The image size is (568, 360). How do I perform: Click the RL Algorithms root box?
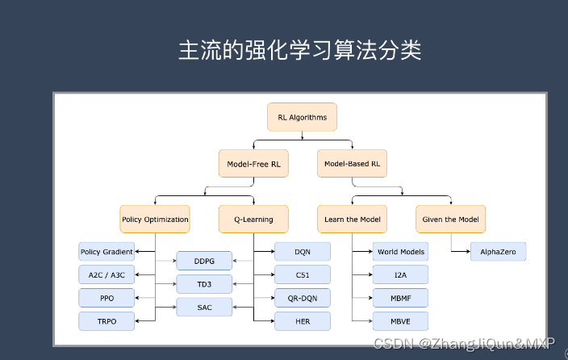click(302, 117)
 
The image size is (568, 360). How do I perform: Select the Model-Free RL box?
click(253, 164)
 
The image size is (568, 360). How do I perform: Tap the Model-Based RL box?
click(352, 164)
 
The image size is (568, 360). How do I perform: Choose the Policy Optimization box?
click(155, 220)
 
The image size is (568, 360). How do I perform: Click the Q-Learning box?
click(253, 220)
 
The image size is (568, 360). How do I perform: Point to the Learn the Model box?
click(352, 220)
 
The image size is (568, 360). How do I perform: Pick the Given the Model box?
click(451, 220)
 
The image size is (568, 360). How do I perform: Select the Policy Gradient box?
click(106, 252)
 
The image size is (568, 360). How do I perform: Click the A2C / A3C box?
click(106, 274)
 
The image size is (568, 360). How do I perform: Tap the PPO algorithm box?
click(106, 298)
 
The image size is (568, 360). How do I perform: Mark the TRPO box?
click(106, 321)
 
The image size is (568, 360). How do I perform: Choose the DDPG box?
click(204, 261)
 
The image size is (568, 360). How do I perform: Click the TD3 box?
click(204, 284)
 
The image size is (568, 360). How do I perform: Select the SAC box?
click(204, 307)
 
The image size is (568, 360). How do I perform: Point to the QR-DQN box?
click(303, 298)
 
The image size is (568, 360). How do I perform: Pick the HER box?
click(303, 321)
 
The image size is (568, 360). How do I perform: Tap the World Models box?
click(401, 252)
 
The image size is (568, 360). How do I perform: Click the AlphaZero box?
click(498, 252)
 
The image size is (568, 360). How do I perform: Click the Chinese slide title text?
click(300, 50)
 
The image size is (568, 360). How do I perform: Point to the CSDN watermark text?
click(464, 343)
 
